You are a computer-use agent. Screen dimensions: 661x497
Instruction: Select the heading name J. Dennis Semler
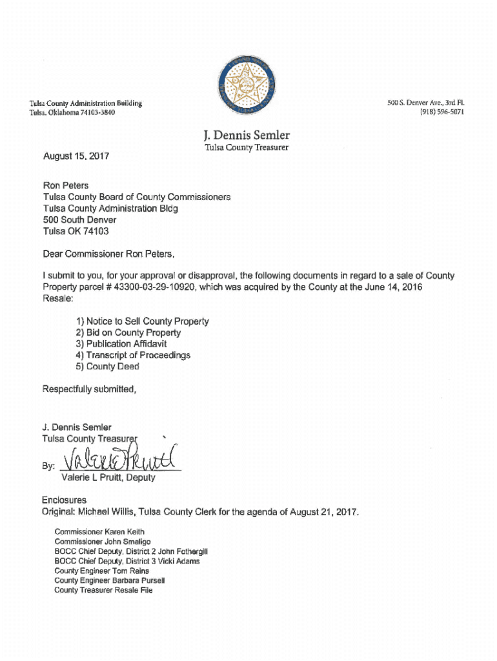tap(246, 135)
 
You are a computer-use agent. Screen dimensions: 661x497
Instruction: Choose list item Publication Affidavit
tap(117, 344)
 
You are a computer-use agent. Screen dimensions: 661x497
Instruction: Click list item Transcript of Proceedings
tap(133, 355)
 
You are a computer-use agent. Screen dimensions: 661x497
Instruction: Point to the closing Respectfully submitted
tap(90, 389)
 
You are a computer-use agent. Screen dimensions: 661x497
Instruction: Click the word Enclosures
tap(65, 500)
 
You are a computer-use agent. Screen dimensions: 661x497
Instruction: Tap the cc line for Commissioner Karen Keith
tap(95, 532)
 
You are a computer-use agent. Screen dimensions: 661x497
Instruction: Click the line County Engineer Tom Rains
tap(101, 571)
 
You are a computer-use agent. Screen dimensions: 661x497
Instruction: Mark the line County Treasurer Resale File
tap(103, 590)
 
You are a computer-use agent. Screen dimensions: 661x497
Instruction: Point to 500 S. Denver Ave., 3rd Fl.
tap(425, 103)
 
